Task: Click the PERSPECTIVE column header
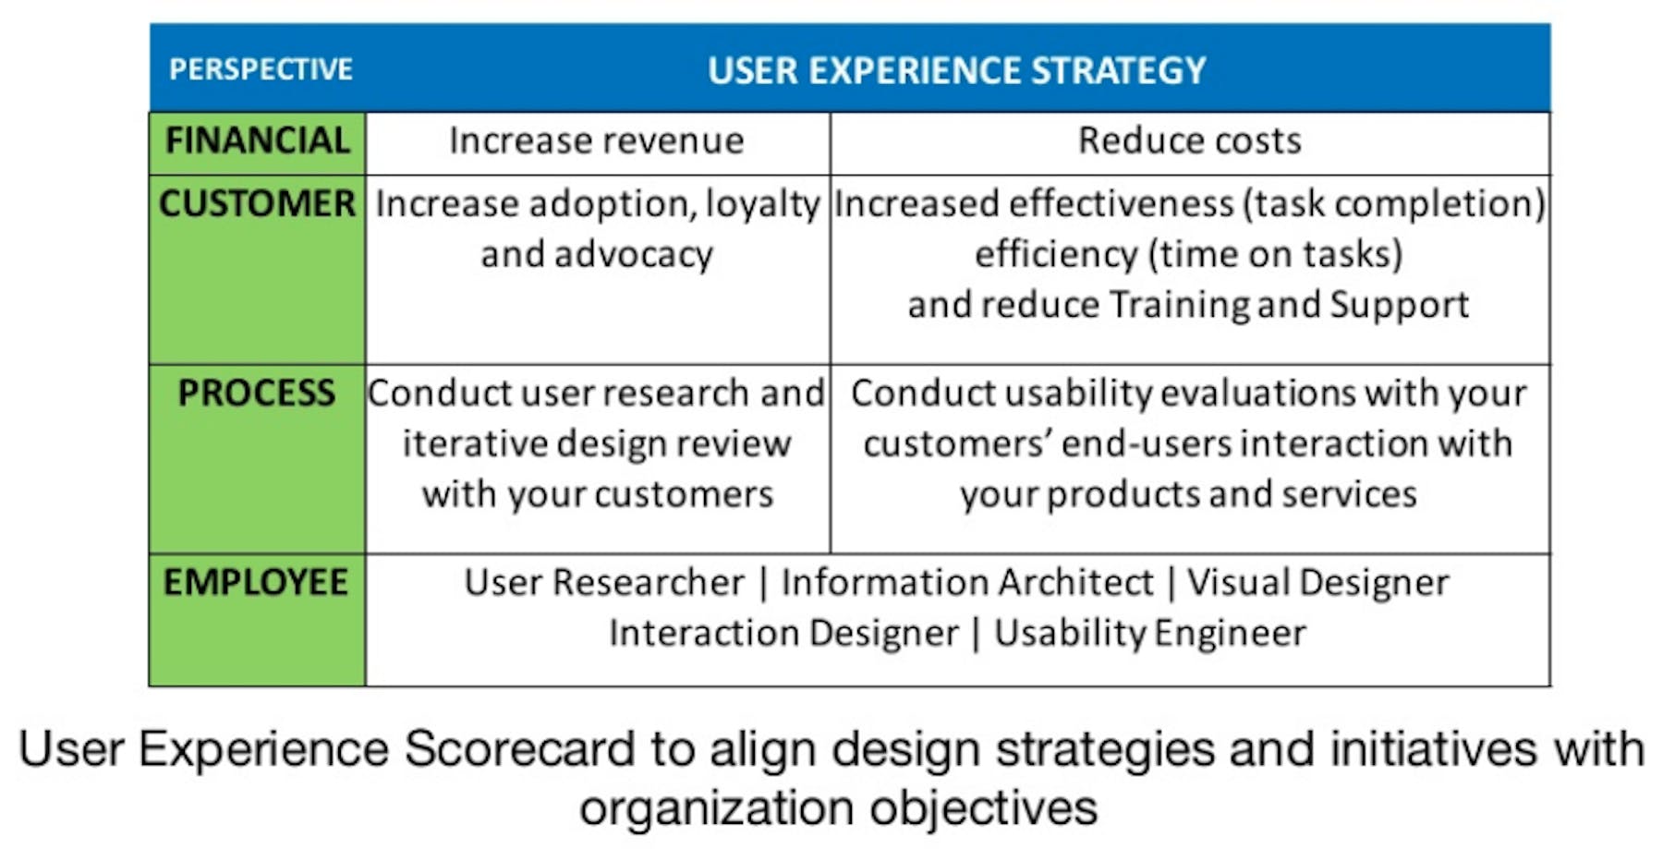261,69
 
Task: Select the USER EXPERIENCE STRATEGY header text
957,70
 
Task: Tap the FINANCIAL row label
258,140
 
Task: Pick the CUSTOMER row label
257,203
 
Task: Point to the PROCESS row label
257,393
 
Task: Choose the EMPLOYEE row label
256,582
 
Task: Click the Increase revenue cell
597,140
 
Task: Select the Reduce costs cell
1190,140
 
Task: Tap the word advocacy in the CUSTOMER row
634,255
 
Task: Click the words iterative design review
597,444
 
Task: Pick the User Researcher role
604,583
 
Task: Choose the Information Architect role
967,583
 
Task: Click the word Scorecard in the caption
520,749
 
